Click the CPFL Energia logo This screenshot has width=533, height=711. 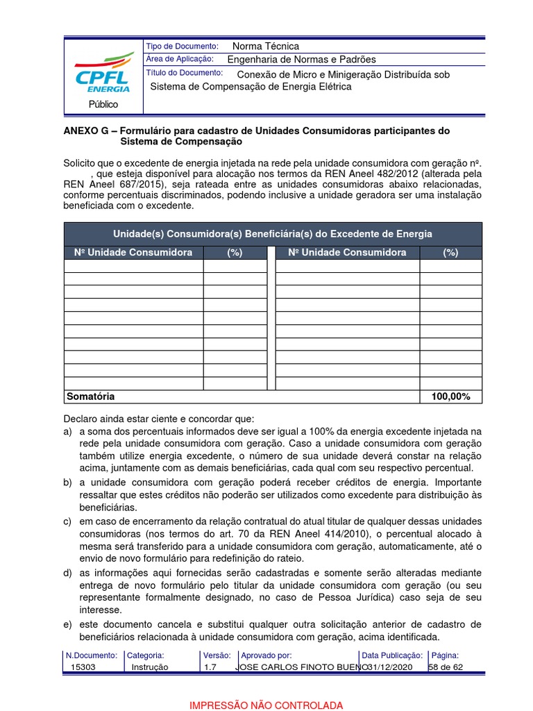(x=103, y=72)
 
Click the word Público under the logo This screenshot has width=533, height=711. (x=103, y=104)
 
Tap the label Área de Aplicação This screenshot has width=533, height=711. (x=180, y=60)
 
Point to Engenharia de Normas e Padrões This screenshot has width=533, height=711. (x=301, y=60)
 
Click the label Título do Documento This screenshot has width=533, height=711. (x=184, y=73)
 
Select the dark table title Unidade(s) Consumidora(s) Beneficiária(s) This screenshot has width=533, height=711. (x=273, y=233)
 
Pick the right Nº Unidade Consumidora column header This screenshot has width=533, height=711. (x=347, y=252)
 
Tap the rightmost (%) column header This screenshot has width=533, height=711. (x=450, y=253)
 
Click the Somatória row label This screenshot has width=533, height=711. (x=90, y=396)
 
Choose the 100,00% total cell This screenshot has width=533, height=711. (x=450, y=396)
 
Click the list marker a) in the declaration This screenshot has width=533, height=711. (x=68, y=432)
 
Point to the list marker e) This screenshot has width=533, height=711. (x=68, y=625)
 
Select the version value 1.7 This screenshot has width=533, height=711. (x=210, y=667)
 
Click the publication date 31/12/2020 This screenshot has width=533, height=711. (x=392, y=667)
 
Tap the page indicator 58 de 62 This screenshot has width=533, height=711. (x=446, y=667)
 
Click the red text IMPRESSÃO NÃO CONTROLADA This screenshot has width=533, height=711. (x=266, y=705)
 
